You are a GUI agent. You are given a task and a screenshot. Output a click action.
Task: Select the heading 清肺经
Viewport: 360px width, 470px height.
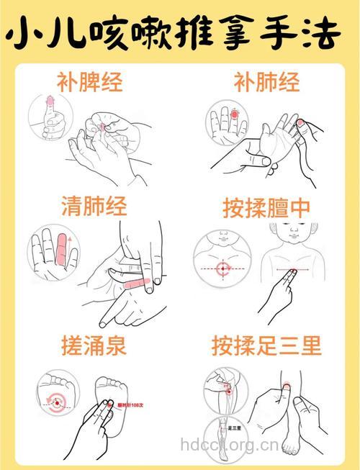tap(94, 207)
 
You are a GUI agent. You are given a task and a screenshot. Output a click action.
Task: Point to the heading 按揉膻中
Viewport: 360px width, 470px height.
tap(266, 208)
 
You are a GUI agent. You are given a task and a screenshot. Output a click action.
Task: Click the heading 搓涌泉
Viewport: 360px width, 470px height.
tap(94, 346)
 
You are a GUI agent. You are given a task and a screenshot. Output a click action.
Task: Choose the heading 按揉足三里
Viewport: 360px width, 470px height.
tap(266, 346)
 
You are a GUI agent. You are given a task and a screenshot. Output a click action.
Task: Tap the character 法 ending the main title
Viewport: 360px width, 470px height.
tap(328, 33)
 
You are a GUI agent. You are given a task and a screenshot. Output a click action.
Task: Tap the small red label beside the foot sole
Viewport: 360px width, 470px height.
tap(131, 405)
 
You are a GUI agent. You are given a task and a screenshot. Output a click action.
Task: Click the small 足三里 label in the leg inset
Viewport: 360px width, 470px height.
tap(234, 428)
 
